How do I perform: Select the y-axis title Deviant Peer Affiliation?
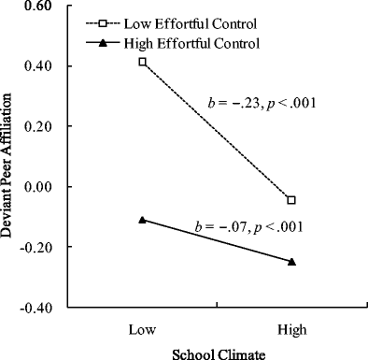[11, 157]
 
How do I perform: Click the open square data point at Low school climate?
[142, 62]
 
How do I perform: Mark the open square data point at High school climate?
[291, 200]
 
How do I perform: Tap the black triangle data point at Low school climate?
[142, 219]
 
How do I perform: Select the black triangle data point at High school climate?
[291, 261]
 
